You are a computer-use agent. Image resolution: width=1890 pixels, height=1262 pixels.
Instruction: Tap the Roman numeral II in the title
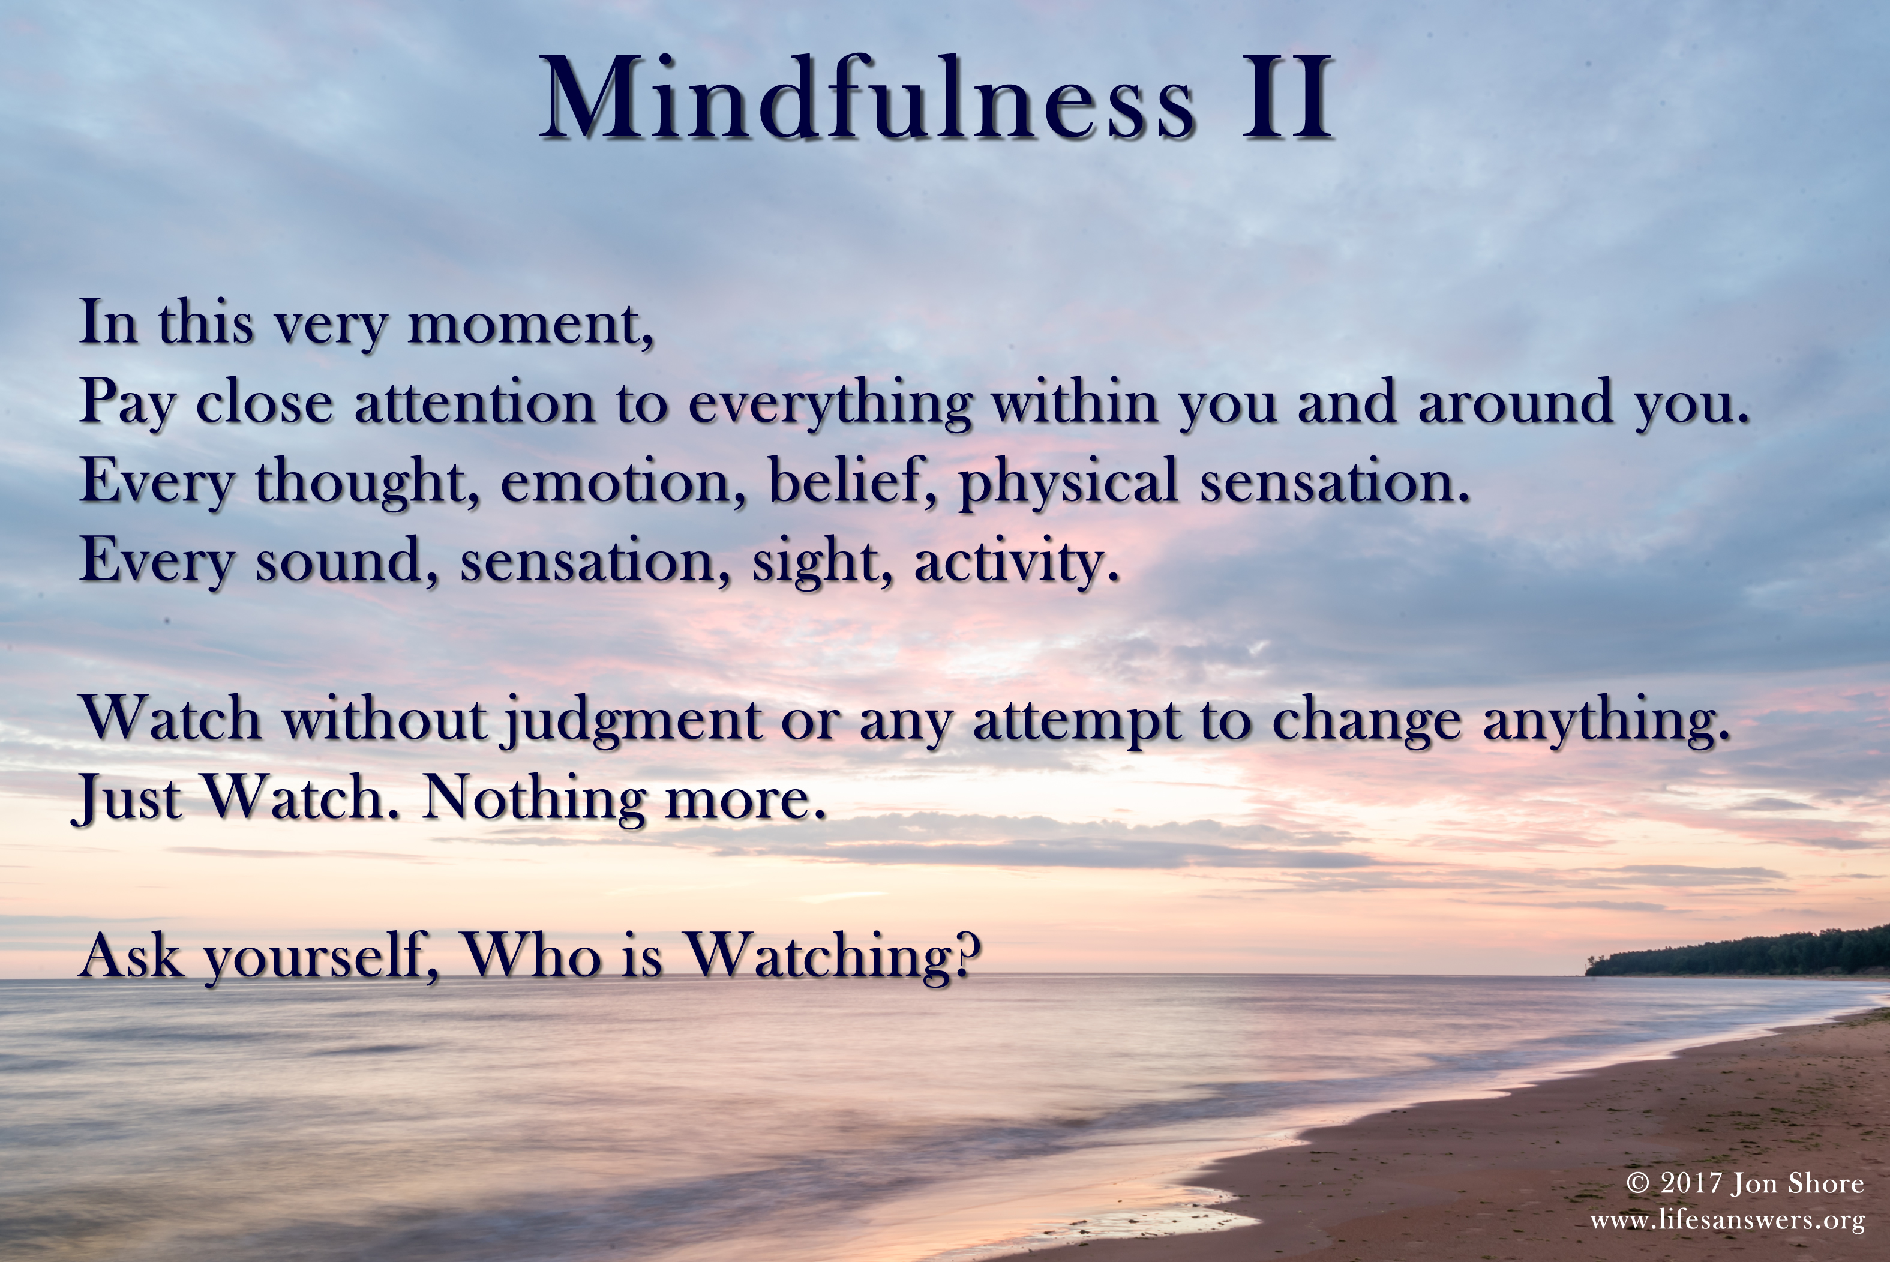point(1286,98)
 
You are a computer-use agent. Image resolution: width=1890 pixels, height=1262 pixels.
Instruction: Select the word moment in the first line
point(531,325)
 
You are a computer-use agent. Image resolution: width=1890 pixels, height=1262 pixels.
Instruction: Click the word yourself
point(321,958)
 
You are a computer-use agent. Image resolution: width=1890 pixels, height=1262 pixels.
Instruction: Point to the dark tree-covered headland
point(1738,953)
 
